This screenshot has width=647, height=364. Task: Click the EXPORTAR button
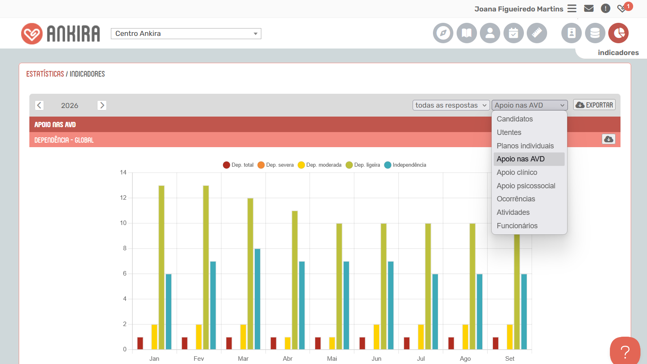click(x=594, y=105)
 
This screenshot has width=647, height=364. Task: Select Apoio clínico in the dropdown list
click(x=517, y=172)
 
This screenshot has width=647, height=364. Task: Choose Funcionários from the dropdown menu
click(x=517, y=226)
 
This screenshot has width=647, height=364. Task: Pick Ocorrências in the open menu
click(x=516, y=199)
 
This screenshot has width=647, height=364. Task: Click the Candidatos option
click(x=515, y=119)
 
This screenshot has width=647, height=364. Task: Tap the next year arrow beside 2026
click(x=102, y=105)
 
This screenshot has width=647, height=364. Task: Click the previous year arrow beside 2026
click(x=39, y=105)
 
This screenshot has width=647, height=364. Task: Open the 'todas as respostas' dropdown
click(x=451, y=105)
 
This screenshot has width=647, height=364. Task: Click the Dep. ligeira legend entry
click(x=363, y=165)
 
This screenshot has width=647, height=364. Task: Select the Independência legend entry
click(x=405, y=165)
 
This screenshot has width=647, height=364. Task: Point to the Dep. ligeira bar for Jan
click(x=161, y=267)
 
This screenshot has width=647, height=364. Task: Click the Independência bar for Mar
click(x=257, y=299)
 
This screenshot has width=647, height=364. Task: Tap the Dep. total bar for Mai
click(x=318, y=343)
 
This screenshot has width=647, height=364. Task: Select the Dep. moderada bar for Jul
click(x=421, y=337)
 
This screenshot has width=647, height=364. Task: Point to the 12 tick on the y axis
click(x=124, y=198)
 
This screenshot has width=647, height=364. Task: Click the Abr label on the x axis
click(x=288, y=359)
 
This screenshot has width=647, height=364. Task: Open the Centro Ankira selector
click(x=186, y=33)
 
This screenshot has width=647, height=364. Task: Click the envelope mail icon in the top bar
click(x=589, y=9)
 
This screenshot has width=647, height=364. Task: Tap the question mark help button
click(x=625, y=351)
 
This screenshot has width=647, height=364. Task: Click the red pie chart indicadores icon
click(x=618, y=33)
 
